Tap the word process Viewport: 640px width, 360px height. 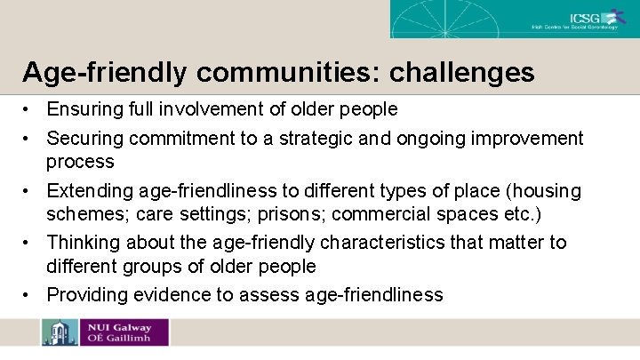pyautogui.click(x=80, y=162)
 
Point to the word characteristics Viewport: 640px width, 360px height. pyautogui.click(x=377, y=243)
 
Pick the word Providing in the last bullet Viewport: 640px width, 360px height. pyautogui.click(x=85, y=295)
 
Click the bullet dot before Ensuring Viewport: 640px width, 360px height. pyautogui.click(x=30, y=110)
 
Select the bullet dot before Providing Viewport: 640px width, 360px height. pyautogui.click(x=30, y=295)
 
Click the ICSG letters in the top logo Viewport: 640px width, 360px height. pyautogui.click(x=587, y=17)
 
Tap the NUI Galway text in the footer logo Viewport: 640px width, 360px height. pyautogui.click(x=118, y=327)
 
